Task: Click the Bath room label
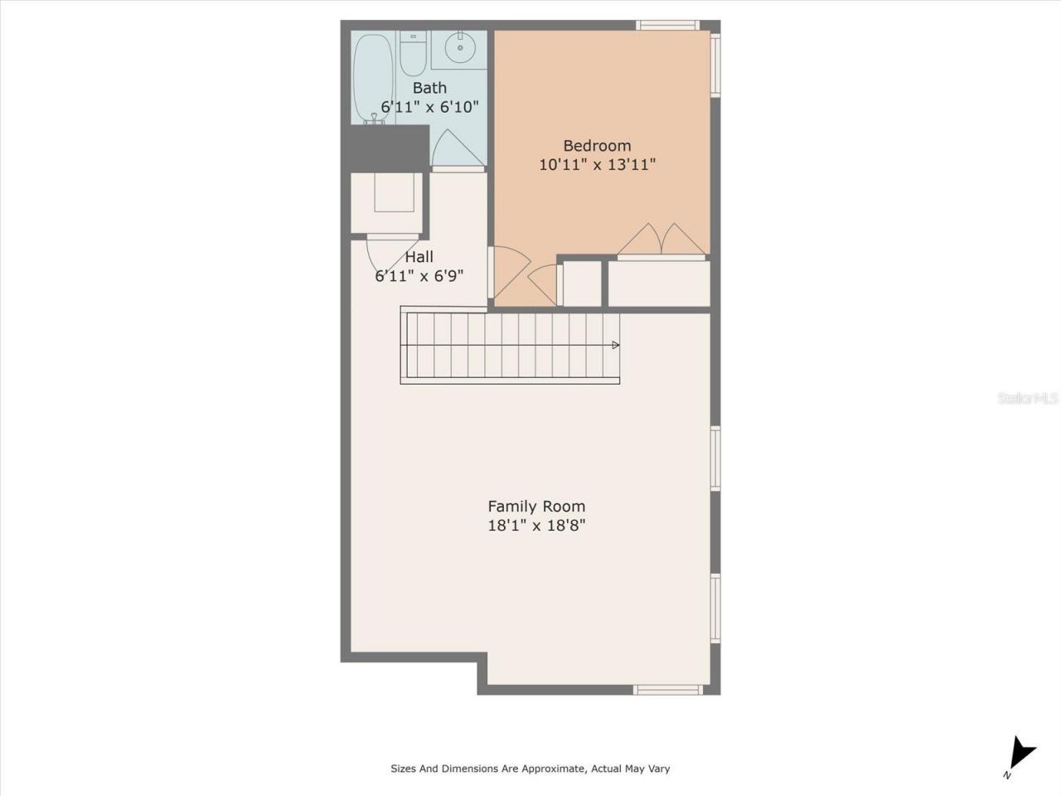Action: click(x=429, y=88)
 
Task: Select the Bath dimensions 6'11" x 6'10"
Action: click(x=429, y=107)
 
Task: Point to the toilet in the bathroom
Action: click(x=413, y=52)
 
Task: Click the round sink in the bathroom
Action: click(x=459, y=46)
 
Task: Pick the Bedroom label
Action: click(x=597, y=146)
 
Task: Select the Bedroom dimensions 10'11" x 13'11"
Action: click(x=597, y=164)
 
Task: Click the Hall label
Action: click(x=419, y=257)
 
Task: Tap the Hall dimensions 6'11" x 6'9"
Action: click(x=419, y=276)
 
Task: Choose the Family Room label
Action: click(x=536, y=507)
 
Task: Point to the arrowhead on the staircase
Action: click(x=615, y=345)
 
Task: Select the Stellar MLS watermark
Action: click(x=1028, y=399)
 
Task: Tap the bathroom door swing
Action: click(x=457, y=149)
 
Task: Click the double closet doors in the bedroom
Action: click(x=662, y=240)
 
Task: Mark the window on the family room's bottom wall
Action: click(x=668, y=689)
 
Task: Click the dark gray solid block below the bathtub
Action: click(x=385, y=148)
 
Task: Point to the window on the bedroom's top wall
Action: click(x=667, y=26)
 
